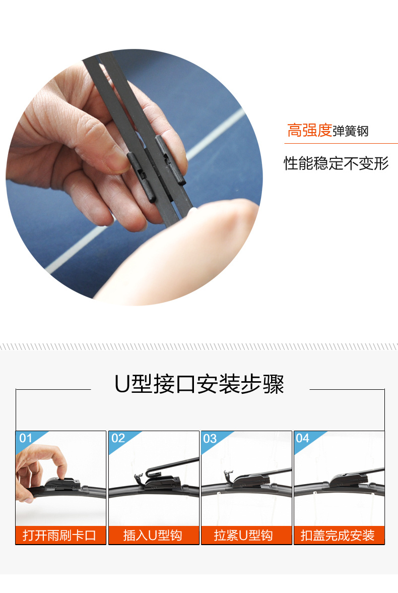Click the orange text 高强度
tap(309, 130)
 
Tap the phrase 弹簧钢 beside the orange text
tap(350, 131)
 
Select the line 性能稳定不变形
tap(336, 163)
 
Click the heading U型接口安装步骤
tap(199, 384)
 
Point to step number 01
tap(26, 438)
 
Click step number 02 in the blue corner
tap(118, 438)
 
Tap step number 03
tap(210, 439)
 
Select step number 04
tap(302, 438)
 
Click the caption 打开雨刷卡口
tap(59, 536)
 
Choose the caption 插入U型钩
tap(153, 536)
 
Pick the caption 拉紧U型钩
tap(243, 536)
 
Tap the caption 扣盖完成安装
tap(338, 536)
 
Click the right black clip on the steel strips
tap(170, 159)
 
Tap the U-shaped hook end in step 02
tap(140, 478)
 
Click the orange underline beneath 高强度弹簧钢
tap(341, 143)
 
